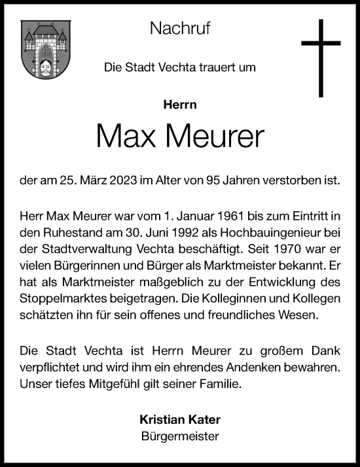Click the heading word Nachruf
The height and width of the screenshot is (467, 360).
point(179,28)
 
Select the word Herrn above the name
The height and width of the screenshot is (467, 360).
point(179,103)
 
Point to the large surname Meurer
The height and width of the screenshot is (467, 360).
point(217,135)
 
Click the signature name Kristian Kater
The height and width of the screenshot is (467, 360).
point(179,419)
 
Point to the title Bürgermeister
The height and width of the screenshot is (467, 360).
point(179,436)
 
